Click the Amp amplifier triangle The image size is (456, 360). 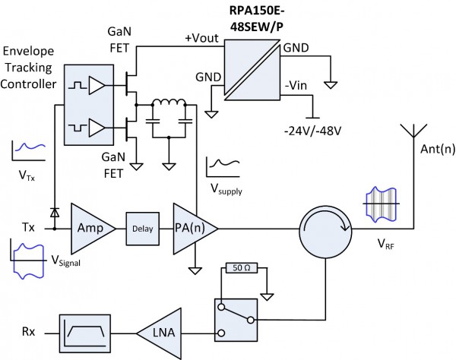90,226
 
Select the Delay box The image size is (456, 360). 143,226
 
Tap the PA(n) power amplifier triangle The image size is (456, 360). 193,226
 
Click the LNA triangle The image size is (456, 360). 157,331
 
